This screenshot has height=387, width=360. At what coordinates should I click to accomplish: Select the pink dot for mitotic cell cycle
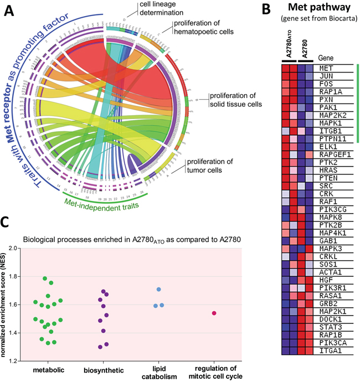point(214,313)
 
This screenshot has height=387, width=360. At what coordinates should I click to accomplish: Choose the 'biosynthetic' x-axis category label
point(104,370)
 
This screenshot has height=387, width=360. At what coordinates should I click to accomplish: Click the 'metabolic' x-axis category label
point(48,370)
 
